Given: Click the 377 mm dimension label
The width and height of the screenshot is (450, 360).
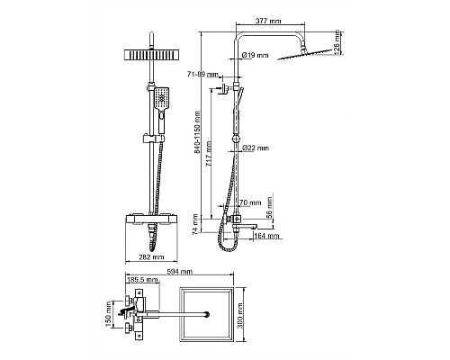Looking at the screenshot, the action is coord(268,21).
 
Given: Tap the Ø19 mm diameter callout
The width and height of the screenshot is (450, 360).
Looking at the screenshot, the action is coord(255,55).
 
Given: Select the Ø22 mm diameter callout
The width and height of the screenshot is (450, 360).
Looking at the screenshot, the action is coord(256,148).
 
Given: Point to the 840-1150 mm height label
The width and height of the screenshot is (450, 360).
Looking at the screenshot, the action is coord(197,132).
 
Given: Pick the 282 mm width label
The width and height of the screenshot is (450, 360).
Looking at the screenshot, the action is coord(151,257).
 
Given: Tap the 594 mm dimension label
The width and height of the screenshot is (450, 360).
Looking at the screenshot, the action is coord(179,272).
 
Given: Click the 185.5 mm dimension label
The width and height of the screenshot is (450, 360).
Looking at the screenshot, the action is coord(143,280).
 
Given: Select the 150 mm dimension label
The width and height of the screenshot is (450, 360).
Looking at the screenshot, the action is coord(109,314).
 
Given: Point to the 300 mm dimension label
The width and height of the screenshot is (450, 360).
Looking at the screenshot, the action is coord(240,316).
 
